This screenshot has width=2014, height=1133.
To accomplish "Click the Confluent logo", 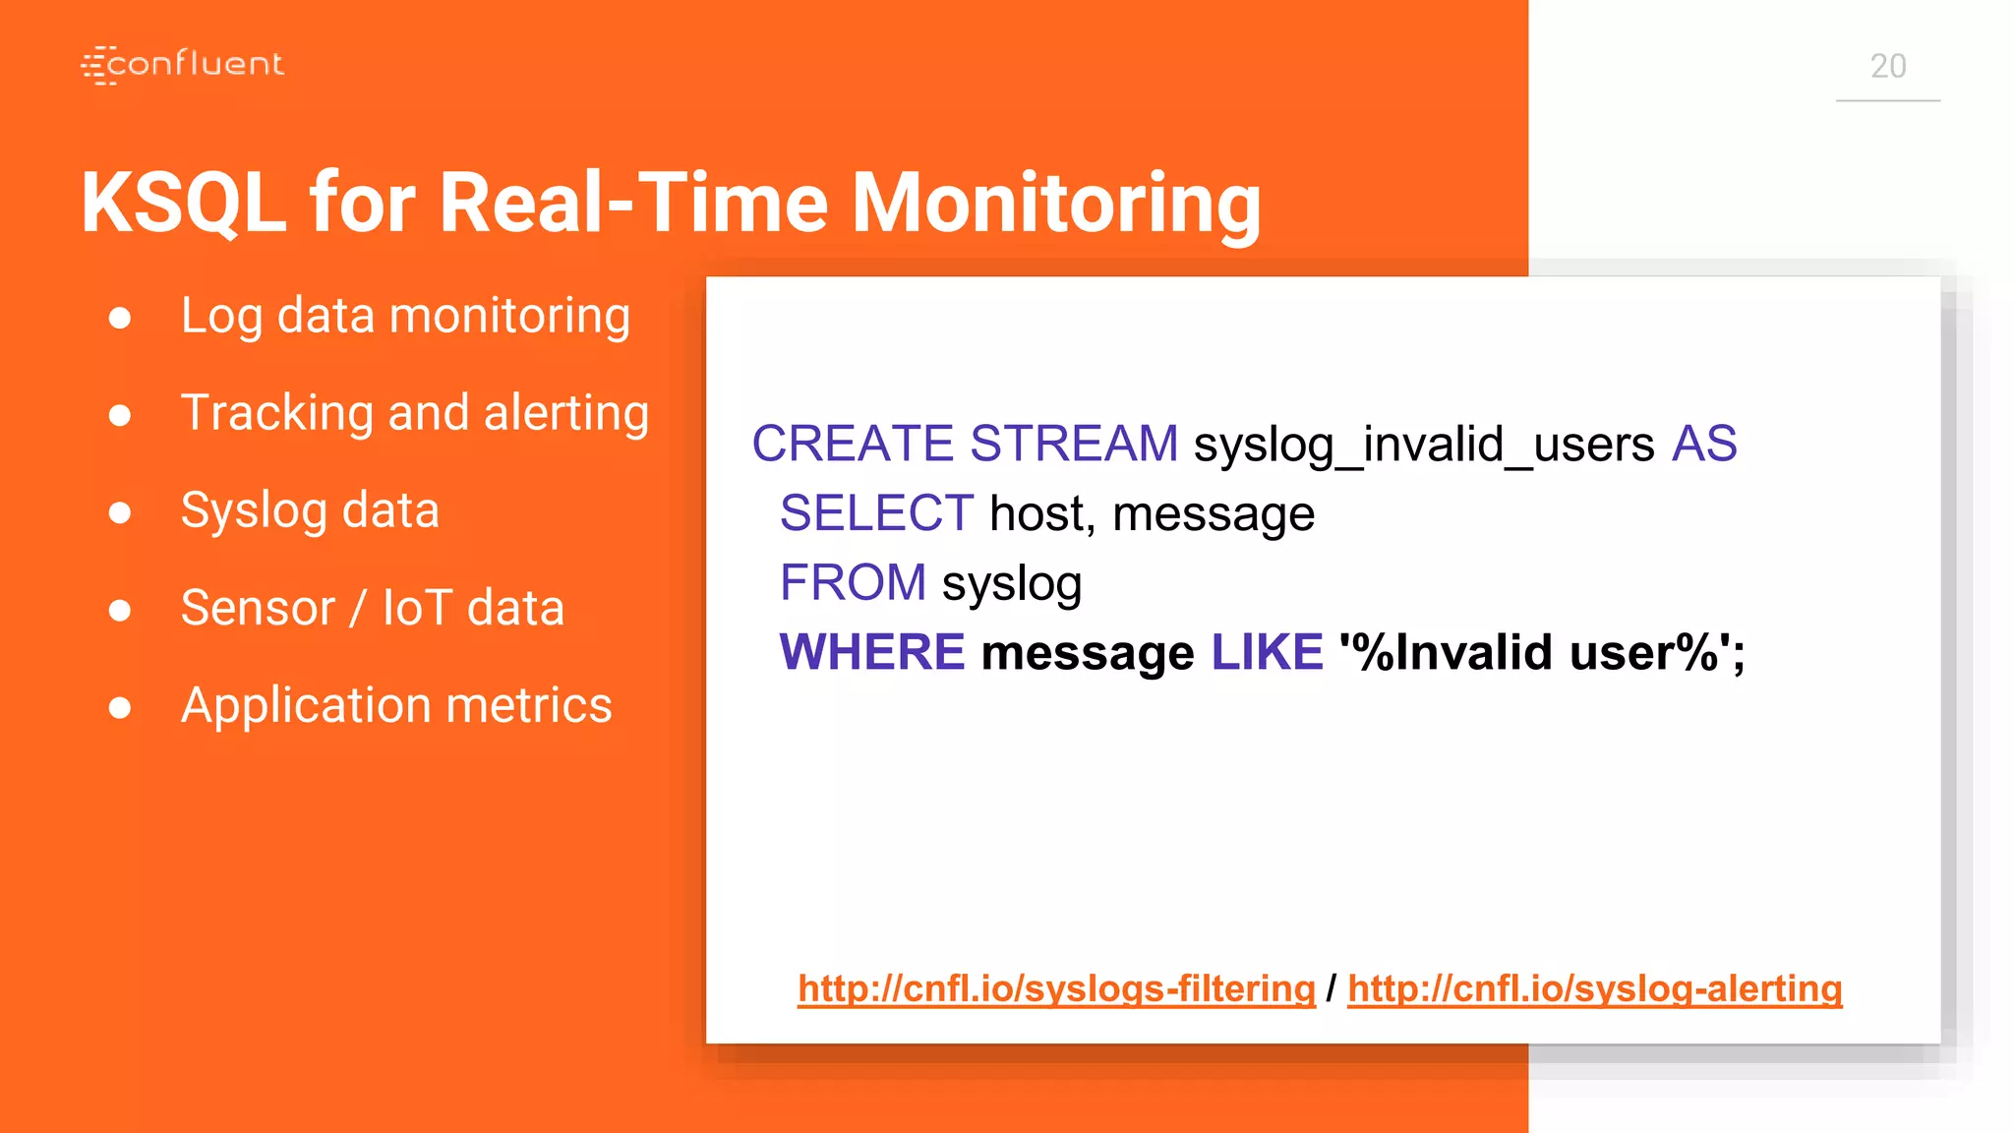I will pos(183,65).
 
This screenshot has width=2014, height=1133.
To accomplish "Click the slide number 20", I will pos(1887,66).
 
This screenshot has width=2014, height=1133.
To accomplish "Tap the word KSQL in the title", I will pos(183,203).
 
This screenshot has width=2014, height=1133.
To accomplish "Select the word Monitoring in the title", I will pos(1055,203).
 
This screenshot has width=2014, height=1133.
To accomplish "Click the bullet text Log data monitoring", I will pos(405,316).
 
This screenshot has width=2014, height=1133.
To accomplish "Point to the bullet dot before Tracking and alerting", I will pos(120,415).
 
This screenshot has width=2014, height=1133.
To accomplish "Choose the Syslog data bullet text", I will pos(310,510).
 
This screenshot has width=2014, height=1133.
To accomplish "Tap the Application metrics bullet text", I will pos(396,705).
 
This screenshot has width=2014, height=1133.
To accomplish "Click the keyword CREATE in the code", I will pos(853,444).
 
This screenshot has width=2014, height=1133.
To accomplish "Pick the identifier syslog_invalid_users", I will pos(1424,445).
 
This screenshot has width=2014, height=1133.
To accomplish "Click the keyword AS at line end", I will pos(1704,444).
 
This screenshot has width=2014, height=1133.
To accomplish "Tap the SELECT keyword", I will pos(876,513).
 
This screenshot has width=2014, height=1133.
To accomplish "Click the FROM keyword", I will pos(853,582).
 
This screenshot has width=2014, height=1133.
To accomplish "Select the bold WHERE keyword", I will pos(872,652).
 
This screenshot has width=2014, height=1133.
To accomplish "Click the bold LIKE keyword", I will pos(1267,652).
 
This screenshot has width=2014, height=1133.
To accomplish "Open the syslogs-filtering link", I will pos(1056,988).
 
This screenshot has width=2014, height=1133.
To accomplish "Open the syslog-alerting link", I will pos(1594,988).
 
